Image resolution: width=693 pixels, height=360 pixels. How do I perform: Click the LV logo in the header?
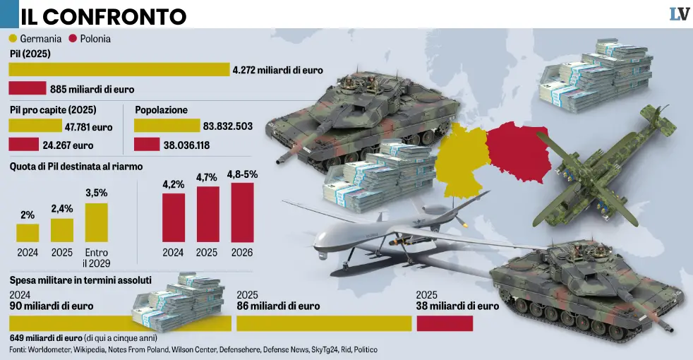click(x=679, y=13)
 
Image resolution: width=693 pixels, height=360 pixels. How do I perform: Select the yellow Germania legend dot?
click(x=13, y=39)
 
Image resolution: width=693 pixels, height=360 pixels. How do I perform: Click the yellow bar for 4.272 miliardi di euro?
click(x=119, y=69)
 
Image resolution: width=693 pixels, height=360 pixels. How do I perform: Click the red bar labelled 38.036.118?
click(x=146, y=144)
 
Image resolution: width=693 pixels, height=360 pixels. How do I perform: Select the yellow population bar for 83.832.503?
click(x=167, y=126)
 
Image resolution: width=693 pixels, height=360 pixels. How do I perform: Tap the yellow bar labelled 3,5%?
click(x=97, y=222)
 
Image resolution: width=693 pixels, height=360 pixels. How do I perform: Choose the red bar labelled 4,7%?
click(x=207, y=214)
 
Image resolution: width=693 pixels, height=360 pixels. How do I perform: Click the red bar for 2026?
click(x=241, y=212)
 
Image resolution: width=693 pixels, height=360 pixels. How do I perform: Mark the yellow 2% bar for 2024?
click(x=28, y=233)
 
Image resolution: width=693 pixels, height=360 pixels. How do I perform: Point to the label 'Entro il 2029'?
click(x=97, y=258)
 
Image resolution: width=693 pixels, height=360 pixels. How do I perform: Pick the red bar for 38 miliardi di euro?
click(x=445, y=323)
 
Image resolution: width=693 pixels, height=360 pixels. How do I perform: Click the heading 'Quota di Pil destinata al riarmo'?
click(x=76, y=167)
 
